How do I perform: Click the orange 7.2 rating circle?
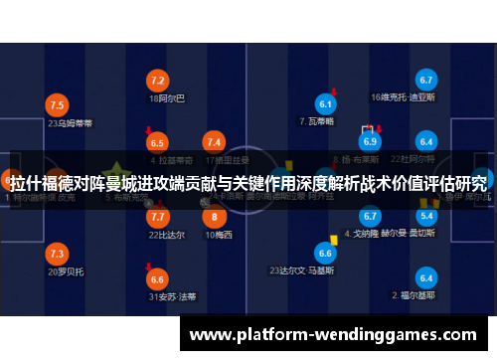pos(157,80)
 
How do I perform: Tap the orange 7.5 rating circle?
pos(57,104)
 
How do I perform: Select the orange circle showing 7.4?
pos(214,143)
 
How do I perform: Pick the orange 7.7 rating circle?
pos(157,216)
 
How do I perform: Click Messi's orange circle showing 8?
pos(214,216)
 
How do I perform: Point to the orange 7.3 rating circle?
pos(57,253)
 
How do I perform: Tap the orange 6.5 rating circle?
pos(157,143)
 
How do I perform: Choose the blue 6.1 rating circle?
pos(325,103)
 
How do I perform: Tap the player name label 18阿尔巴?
pos(166,98)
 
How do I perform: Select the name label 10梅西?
pos(219,235)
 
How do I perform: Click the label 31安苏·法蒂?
pos(172,296)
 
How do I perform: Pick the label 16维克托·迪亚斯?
pos(403,97)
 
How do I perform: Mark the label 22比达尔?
pos(166,235)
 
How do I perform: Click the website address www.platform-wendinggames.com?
pos(334,335)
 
